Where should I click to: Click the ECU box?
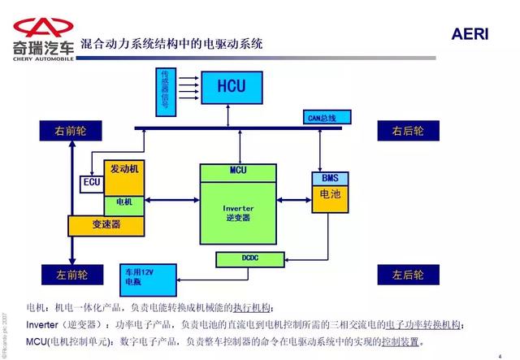pyautogui.click(x=92, y=184)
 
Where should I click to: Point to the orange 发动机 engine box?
pyautogui.click(x=125, y=168)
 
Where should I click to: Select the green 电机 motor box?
pyautogui.click(x=125, y=202)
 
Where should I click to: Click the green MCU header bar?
pyautogui.click(x=239, y=170)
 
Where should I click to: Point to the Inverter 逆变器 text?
pyautogui.click(x=239, y=213)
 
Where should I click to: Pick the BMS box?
pyautogui.click(x=329, y=178)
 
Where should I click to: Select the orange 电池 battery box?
pyautogui.click(x=329, y=197)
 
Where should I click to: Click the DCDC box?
pyautogui.click(x=250, y=258)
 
